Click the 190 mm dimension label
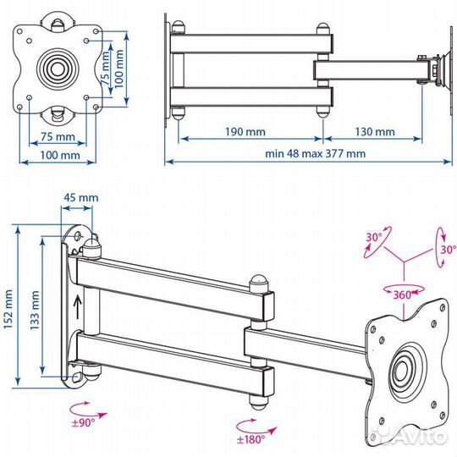click(x=245, y=132)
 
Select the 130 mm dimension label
click(x=375, y=132)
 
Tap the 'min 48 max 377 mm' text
click(x=316, y=153)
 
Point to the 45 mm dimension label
click(x=81, y=197)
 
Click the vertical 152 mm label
click(x=8, y=310)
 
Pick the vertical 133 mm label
click(x=35, y=310)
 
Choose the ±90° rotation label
click(x=83, y=422)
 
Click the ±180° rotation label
click(x=251, y=439)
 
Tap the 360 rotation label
click(x=402, y=295)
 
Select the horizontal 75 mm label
click(x=58, y=136)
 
